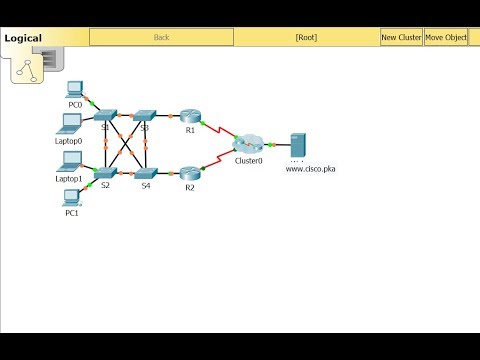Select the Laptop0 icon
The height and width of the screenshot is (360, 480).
point(71,123)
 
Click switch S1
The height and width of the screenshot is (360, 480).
point(106,116)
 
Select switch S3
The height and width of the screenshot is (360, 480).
point(145,116)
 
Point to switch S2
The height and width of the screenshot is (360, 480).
point(106,173)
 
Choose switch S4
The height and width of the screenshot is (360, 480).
point(146,173)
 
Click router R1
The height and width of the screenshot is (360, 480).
point(190,116)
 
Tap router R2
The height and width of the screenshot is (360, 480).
point(190,173)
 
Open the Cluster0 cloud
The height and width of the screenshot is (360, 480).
point(248,143)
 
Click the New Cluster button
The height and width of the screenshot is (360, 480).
point(401,38)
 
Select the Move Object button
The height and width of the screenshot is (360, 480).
point(446,38)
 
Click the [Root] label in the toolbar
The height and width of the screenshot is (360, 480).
point(306,38)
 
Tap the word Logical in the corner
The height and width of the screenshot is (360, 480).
point(23,38)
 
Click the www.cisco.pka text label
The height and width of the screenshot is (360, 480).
point(310,169)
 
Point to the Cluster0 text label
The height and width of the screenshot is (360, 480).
point(249,160)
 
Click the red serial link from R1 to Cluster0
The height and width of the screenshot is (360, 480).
point(219,129)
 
